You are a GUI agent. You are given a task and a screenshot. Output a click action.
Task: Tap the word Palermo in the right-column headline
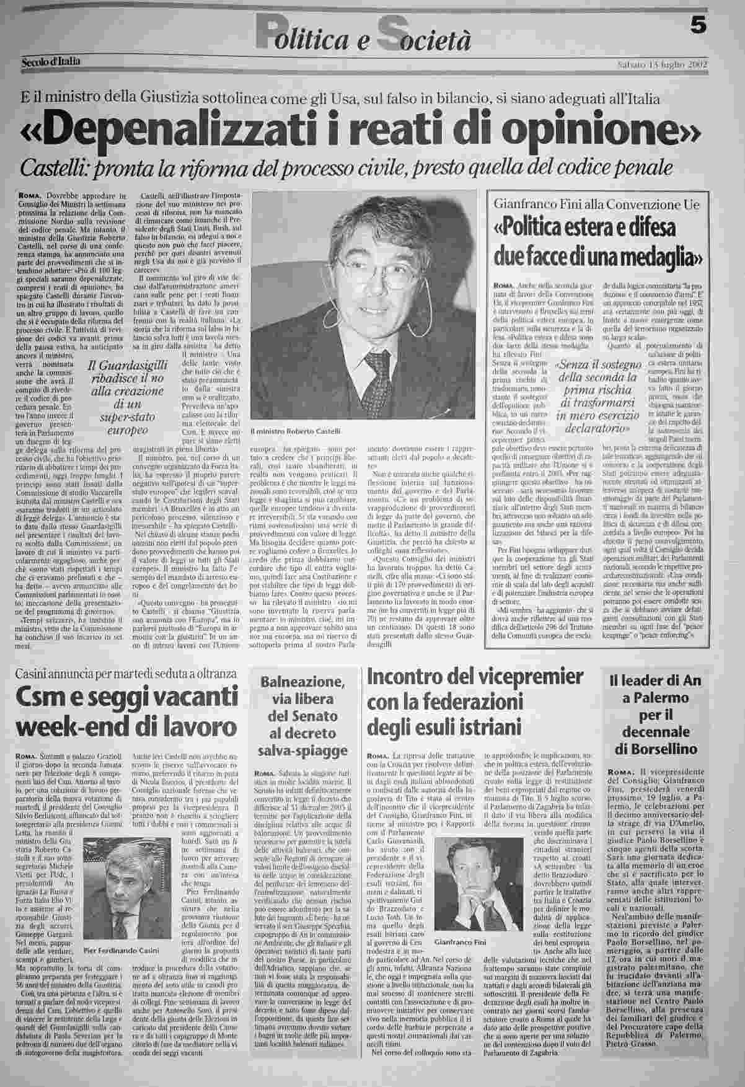[664, 699]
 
